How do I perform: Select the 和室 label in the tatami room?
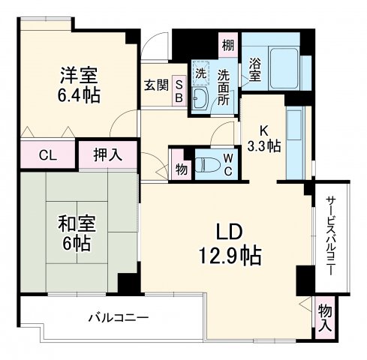point(77,223)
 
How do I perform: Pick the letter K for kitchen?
point(263,128)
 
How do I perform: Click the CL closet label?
point(47,156)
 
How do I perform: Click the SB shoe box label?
point(179,90)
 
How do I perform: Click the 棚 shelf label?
point(227,46)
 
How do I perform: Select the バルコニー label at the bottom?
point(119,317)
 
